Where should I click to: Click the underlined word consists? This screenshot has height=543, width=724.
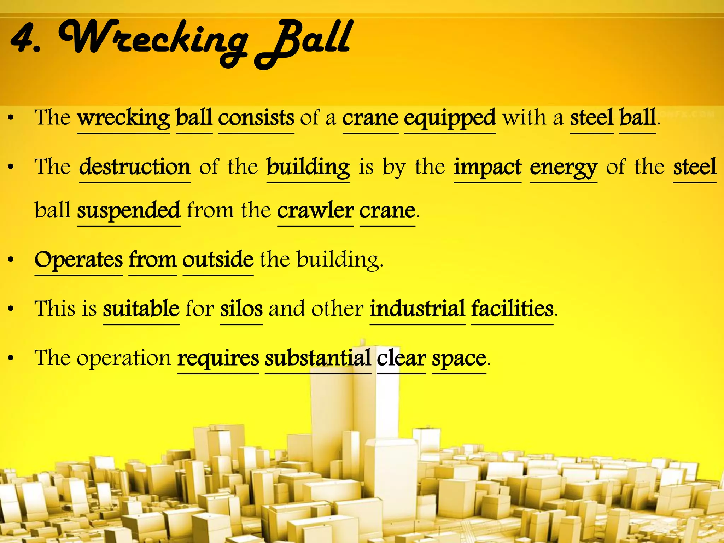pos(256,118)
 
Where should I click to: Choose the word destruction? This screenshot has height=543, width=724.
pos(135,167)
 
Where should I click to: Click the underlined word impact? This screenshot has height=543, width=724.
pos(487,167)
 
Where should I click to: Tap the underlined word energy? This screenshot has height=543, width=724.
pos(564,168)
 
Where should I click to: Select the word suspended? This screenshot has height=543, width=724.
pos(129,211)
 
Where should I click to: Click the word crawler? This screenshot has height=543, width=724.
pos(315,211)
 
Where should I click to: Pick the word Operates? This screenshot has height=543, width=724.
pos(78,260)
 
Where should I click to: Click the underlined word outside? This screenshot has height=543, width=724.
pos(218,260)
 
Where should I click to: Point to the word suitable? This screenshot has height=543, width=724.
pos(141,309)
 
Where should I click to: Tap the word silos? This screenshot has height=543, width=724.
pos(241,309)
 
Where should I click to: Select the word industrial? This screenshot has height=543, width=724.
pos(417,309)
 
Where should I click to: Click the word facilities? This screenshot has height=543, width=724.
pos(512,309)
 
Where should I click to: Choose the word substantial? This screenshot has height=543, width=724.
pos(318,358)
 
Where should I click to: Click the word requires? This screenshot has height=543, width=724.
pos(218,358)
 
